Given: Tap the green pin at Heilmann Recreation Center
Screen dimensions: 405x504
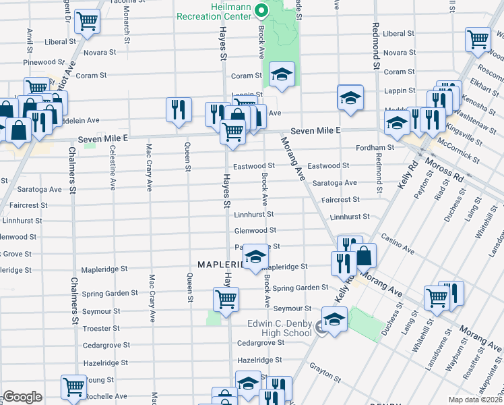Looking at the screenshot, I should (x=264, y=9).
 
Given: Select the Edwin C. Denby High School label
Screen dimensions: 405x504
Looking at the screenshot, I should (x=278, y=328).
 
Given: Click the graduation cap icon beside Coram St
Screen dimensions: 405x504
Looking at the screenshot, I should (x=282, y=74).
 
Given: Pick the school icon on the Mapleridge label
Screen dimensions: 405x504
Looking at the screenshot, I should (x=255, y=256).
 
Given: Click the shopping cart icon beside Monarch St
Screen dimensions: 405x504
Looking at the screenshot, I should (x=86, y=22).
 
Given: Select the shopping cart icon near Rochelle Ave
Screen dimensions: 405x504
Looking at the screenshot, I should (x=73, y=387).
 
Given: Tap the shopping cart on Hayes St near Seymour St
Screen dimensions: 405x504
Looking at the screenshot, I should (x=226, y=298).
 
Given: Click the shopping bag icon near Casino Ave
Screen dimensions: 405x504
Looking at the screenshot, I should (x=363, y=256).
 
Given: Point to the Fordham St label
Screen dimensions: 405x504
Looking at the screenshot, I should (x=376, y=147).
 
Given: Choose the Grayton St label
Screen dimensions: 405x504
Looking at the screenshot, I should (x=325, y=369).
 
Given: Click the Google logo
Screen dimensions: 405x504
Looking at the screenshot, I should (x=22, y=397).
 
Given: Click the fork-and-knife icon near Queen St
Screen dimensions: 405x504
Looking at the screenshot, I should (x=178, y=110).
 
